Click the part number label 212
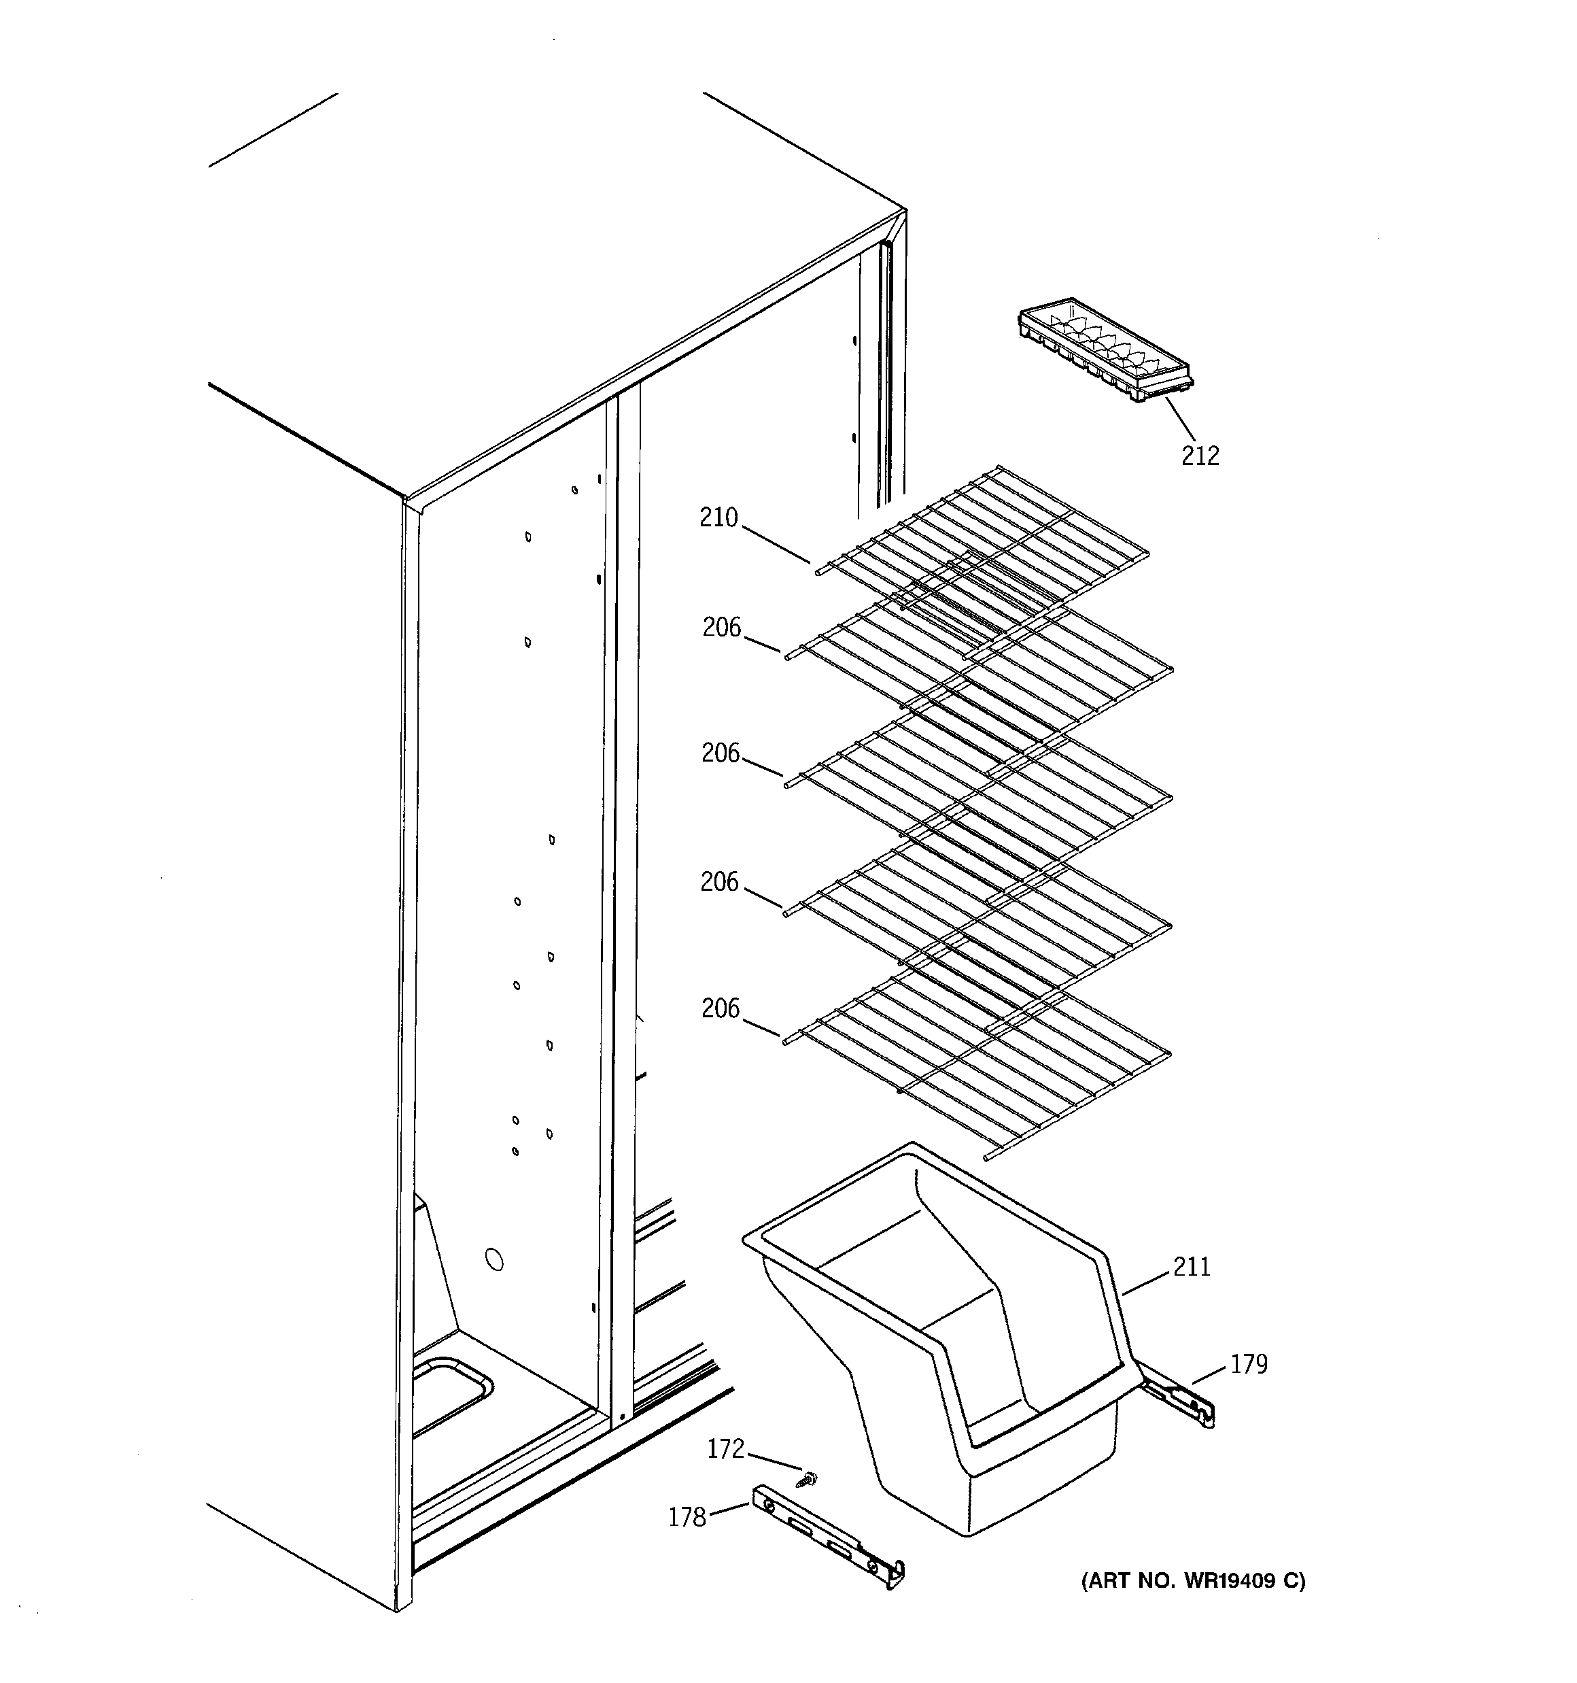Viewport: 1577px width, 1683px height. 1200,456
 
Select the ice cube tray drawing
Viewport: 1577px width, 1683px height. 1104,350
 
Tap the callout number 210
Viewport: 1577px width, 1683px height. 718,517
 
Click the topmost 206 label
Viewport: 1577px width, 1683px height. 721,628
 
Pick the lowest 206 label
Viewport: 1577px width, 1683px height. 721,1008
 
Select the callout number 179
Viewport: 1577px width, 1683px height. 1249,1364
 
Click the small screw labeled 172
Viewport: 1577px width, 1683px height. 808,1479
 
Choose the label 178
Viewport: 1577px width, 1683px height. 687,1517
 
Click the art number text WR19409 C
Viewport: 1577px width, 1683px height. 1193,1580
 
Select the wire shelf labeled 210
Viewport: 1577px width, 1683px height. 982,542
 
